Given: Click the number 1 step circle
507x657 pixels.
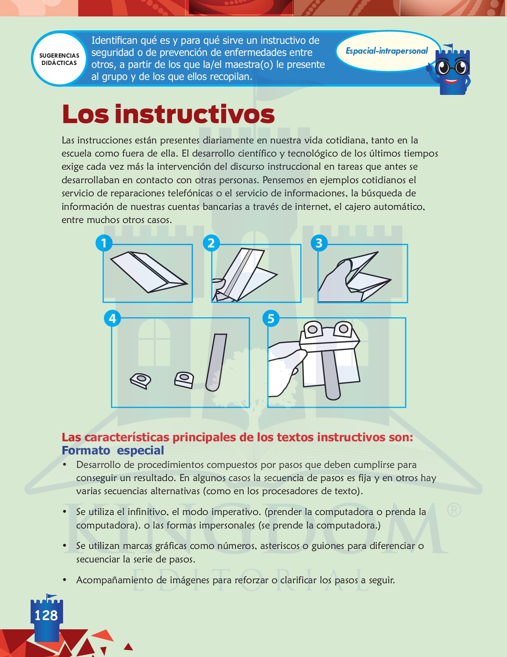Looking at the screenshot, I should pos(104,243).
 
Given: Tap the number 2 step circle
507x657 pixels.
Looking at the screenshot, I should pos(211,243).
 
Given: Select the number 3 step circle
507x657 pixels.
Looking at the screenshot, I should pos(319,243).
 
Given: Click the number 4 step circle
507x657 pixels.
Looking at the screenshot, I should pos(112,319).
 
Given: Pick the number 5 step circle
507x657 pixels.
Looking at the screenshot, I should pos(271,319).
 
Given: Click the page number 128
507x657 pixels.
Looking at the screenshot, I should pos(46,615).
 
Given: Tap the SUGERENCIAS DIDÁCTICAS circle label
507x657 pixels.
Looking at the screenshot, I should pos(59,59).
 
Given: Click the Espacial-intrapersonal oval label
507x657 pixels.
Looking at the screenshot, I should pos(386,51).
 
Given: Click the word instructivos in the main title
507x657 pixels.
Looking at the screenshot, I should pos(194,114).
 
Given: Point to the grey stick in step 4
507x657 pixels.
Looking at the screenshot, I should pos(216,361).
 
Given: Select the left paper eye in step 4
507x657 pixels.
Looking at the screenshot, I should pos(140,380).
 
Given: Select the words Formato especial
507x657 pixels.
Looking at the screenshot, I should pos(113,450).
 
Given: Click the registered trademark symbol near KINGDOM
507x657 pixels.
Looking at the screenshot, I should pos(454,510).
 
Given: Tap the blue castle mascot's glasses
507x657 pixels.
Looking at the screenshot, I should pos(452,68).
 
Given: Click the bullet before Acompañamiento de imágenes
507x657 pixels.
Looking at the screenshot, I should pos(65,580).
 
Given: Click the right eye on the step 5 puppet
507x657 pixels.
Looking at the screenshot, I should pos(343,329).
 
